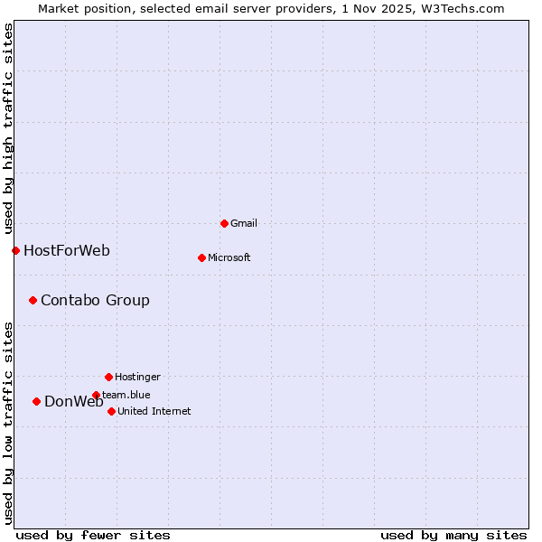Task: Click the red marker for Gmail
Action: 224,223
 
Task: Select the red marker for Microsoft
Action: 201,257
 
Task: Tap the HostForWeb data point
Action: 15,250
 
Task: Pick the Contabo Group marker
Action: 33,300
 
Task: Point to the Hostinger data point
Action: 108,377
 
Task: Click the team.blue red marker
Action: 96,395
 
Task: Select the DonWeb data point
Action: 36,401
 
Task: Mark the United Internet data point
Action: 111,411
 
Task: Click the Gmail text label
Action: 244,223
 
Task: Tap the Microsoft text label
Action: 229,257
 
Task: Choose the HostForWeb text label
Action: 67,250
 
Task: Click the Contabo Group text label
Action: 95,300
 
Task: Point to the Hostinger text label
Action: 137,377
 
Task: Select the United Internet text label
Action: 154,411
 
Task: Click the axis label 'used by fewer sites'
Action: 93,535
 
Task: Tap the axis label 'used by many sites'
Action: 453,535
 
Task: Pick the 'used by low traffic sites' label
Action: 8,422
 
